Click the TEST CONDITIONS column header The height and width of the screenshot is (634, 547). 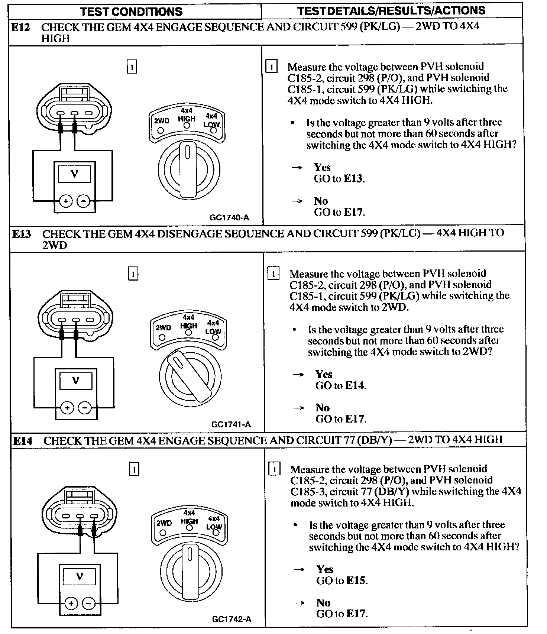coord(131,12)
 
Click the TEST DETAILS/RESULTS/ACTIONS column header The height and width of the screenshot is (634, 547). coord(391,10)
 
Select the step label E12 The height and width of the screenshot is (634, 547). coord(20,27)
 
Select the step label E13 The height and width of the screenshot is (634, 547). coord(22,234)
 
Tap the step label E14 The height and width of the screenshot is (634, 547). coord(23,441)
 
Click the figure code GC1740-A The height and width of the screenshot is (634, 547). coord(229,218)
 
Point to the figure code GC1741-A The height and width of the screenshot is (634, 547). coord(231,424)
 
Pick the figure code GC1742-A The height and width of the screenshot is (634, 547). coord(232,619)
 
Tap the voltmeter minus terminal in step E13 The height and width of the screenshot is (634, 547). coord(85,408)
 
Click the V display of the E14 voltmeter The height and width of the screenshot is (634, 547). coord(79,576)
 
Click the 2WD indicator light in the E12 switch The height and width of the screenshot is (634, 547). coord(161,130)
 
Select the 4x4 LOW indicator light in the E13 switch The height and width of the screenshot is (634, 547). coord(215,337)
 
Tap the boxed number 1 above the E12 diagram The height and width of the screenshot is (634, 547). coord(132,67)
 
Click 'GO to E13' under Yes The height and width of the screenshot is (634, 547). coord(339,179)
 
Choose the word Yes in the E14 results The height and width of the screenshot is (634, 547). coord(325,569)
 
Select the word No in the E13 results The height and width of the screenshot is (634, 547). coord(323,408)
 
